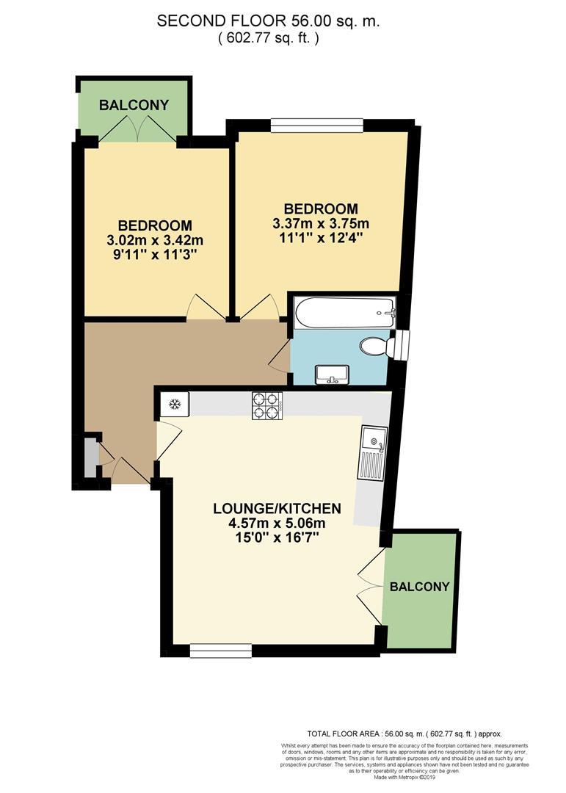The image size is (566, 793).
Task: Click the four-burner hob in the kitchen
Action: tap(266, 405)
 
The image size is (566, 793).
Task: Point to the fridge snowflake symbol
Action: tap(175, 403)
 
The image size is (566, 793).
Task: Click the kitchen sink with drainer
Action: tap(372, 452)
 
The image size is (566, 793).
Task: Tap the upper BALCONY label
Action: tap(134, 105)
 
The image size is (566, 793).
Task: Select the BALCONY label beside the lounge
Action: tap(419, 587)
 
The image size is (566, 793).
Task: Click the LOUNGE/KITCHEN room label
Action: tap(277, 508)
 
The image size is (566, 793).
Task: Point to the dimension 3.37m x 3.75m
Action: tap(321, 224)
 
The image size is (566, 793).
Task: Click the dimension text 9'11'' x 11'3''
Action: tap(155, 254)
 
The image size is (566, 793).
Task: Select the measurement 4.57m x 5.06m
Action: tap(277, 523)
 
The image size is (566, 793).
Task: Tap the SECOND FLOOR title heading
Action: tap(268, 22)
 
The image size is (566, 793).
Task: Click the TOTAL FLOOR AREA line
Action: tap(404, 734)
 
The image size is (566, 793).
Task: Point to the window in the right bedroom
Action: tap(316, 126)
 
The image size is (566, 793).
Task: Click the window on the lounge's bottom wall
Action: tap(220, 649)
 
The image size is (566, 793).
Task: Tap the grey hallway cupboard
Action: tap(90, 460)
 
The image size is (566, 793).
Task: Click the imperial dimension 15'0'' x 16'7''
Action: tap(277, 537)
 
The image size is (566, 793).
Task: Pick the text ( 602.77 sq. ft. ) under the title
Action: tap(268, 39)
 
